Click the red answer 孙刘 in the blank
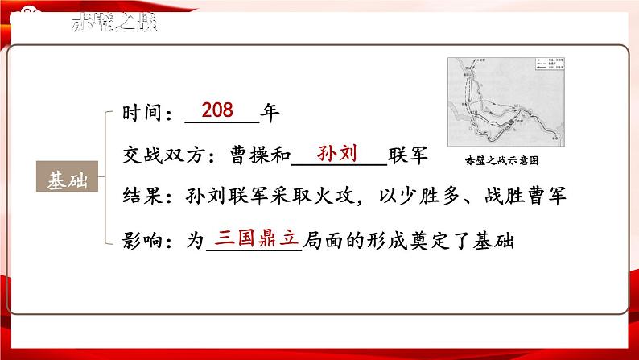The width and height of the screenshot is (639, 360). pyautogui.click(x=337, y=151)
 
